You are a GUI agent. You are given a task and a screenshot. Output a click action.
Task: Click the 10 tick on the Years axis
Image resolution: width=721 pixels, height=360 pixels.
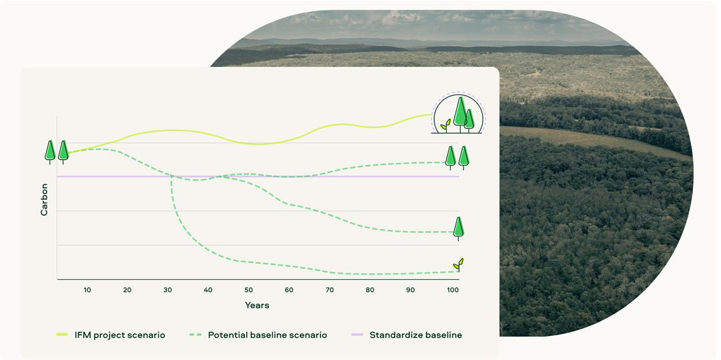click(87, 290)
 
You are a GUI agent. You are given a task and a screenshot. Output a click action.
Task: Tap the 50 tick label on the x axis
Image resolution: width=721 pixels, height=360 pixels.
click(248, 290)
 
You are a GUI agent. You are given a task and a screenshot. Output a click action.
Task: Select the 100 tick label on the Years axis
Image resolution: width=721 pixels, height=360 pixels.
click(452, 290)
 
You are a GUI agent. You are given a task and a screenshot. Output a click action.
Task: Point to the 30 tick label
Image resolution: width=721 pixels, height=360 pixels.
click(168, 290)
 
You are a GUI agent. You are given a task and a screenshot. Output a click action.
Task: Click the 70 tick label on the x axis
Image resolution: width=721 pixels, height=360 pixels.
click(330, 290)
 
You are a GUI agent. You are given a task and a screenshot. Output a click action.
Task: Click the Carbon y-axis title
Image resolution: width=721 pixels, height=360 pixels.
click(45, 199)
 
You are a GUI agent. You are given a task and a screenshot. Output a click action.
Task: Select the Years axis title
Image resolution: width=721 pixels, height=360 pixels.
click(257, 305)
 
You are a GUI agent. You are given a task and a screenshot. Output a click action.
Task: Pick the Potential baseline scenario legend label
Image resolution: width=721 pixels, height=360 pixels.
click(267, 335)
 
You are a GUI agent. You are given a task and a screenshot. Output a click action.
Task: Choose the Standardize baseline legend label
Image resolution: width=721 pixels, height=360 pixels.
click(415, 335)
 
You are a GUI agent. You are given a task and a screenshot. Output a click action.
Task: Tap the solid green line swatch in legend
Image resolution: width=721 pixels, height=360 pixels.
click(62, 335)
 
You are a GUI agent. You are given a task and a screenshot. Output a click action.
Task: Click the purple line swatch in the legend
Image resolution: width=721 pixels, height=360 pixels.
click(357, 335)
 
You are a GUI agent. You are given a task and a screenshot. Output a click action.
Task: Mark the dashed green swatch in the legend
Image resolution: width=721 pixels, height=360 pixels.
click(196, 335)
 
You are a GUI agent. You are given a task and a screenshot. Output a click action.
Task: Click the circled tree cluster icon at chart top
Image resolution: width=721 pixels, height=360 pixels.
click(459, 114)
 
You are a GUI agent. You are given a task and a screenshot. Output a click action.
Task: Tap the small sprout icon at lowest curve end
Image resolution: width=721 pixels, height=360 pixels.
click(457, 264)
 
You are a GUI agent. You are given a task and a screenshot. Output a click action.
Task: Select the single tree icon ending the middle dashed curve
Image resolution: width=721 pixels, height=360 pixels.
click(458, 228)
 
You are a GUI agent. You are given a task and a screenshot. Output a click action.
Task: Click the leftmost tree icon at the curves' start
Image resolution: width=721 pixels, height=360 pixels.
click(50, 151)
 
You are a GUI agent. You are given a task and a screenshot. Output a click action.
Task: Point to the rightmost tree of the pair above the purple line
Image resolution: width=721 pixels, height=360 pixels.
click(463, 156)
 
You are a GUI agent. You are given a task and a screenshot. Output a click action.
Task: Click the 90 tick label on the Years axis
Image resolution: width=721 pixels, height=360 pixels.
click(411, 290)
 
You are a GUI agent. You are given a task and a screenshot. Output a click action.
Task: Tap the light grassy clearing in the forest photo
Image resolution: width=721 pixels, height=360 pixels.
click(587, 140)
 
